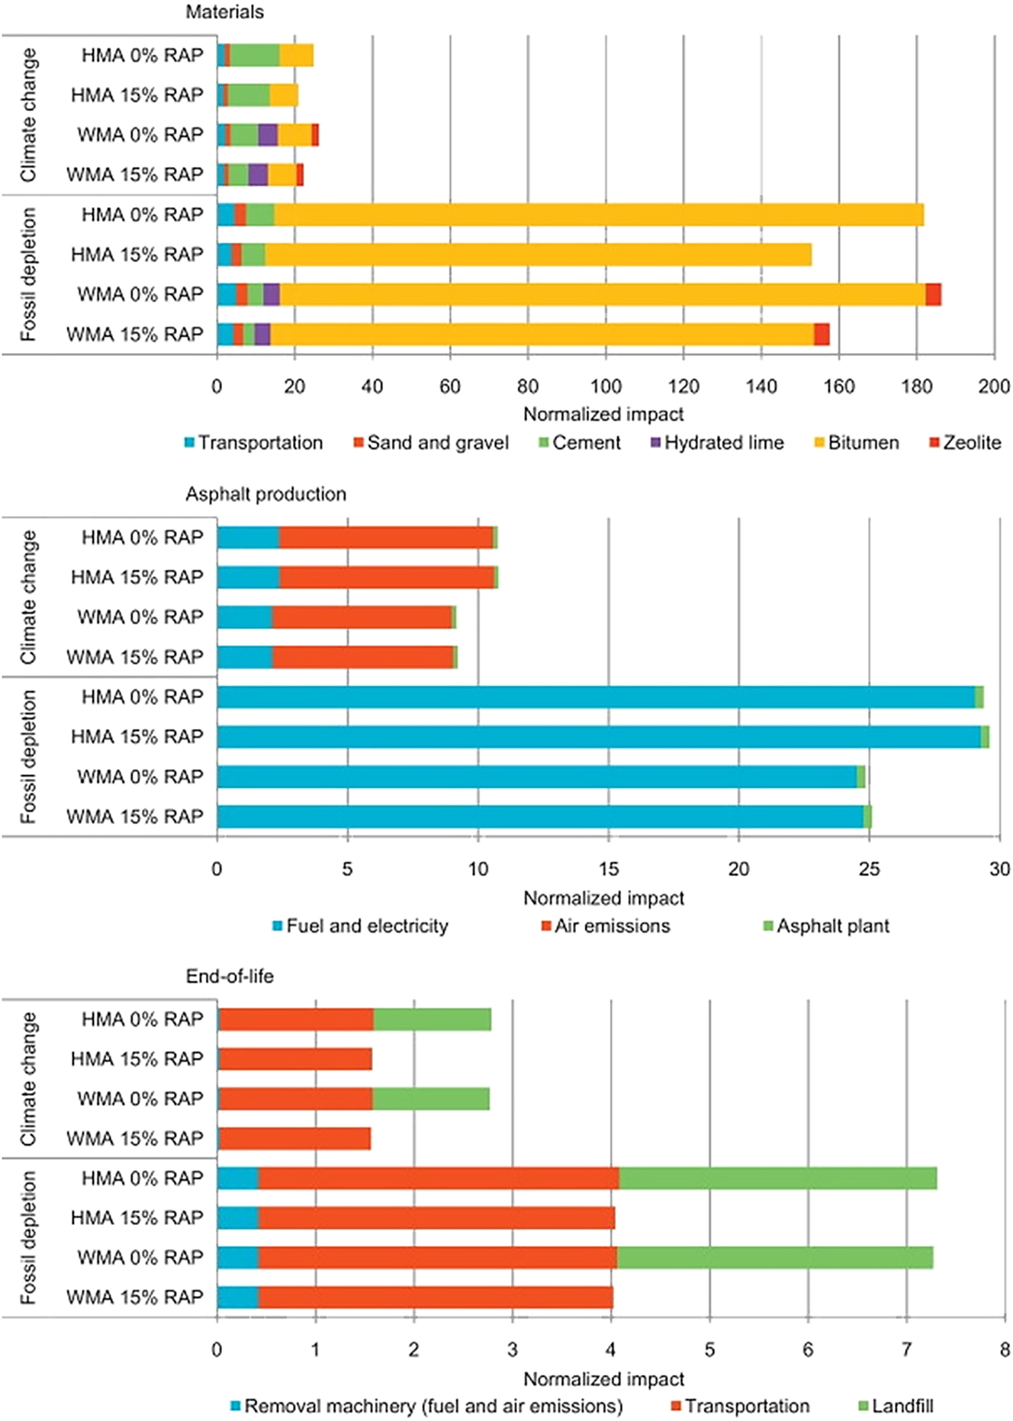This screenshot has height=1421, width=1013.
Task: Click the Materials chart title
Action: (x=225, y=12)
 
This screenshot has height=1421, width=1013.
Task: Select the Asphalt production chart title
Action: (x=265, y=494)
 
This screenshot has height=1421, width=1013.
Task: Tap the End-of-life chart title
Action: (x=230, y=976)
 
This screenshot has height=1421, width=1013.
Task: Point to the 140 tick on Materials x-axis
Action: (x=761, y=387)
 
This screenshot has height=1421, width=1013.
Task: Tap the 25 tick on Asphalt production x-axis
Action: (x=869, y=869)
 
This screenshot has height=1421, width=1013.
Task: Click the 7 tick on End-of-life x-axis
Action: (x=906, y=1349)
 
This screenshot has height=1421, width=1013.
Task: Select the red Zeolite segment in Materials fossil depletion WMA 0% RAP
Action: (x=933, y=294)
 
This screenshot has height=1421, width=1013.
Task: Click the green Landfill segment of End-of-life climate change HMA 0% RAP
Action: (x=432, y=1019)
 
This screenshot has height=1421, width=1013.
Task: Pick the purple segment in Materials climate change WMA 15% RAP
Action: (x=258, y=175)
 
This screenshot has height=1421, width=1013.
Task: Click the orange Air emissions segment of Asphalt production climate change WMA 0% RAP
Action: (x=362, y=617)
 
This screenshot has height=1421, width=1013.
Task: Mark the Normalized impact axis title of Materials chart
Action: (x=603, y=414)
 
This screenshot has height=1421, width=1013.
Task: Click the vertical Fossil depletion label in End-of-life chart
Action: (x=28, y=1237)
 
